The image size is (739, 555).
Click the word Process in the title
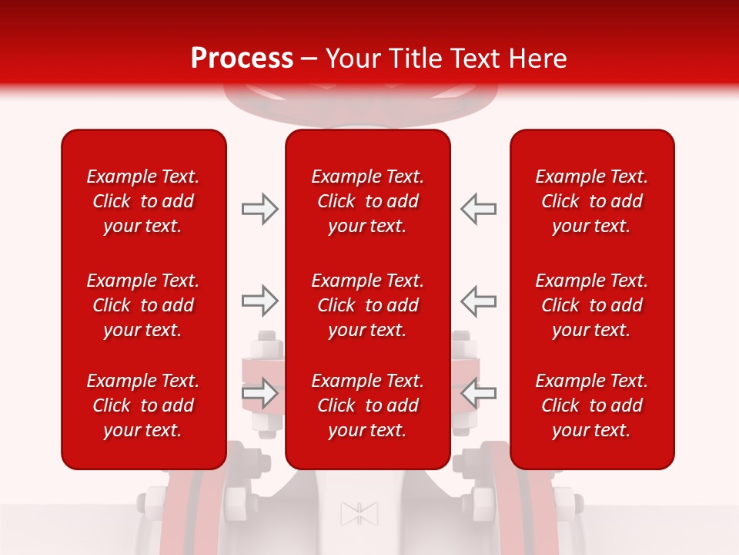(x=242, y=59)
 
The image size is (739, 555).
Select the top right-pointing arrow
(x=259, y=209)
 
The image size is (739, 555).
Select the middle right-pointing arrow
(x=259, y=301)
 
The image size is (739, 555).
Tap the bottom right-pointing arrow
(x=259, y=393)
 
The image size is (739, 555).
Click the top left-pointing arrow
(x=479, y=209)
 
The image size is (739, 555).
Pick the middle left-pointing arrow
(x=479, y=301)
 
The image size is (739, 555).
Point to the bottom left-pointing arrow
(x=479, y=393)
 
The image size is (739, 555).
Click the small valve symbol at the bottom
(x=359, y=513)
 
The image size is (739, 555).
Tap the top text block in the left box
(x=143, y=201)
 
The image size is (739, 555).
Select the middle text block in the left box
(x=143, y=305)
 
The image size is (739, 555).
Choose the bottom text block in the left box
(x=143, y=405)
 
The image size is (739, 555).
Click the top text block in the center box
(x=368, y=201)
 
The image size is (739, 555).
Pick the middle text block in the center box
(x=368, y=305)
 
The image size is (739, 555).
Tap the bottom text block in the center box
(x=368, y=405)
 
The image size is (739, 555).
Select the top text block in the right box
(x=592, y=201)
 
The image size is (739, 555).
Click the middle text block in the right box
(x=592, y=305)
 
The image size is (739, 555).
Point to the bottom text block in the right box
(x=592, y=405)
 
